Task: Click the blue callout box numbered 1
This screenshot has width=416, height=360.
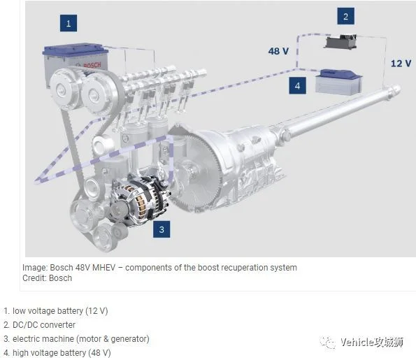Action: coord(69,23)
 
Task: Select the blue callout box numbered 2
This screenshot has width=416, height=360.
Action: coord(345,16)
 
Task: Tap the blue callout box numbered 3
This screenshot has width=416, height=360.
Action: coord(162,229)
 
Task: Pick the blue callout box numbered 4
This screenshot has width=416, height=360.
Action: coord(297,85)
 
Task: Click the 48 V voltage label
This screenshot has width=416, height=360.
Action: coord(278,51)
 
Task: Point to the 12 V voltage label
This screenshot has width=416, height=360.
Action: coord(401,64)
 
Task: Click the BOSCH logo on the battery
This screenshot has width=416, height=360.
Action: coord(92,65)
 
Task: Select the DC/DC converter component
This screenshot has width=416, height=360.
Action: coord(340,41)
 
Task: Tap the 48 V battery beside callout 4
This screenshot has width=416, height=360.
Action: coord(338,81)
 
